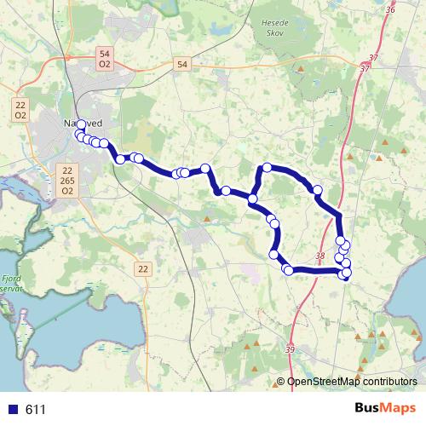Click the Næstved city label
click(x=83, y=124)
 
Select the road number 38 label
click(x=319, y=255)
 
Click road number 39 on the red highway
click(x=290, y=349)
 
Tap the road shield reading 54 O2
click(x=105, y=59)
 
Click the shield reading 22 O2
click(x=20, y=109)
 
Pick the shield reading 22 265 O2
click(x=66, y=180)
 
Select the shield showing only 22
click(x=141, y=269)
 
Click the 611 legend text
click(x=35, y=410)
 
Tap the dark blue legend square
click(x=12, y=410)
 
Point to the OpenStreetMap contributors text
click(x=352, y=382)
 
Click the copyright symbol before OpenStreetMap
click(x=281, y=382)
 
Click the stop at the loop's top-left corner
click(x=267, y=168)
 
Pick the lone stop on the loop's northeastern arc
click(x=318, y=190)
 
